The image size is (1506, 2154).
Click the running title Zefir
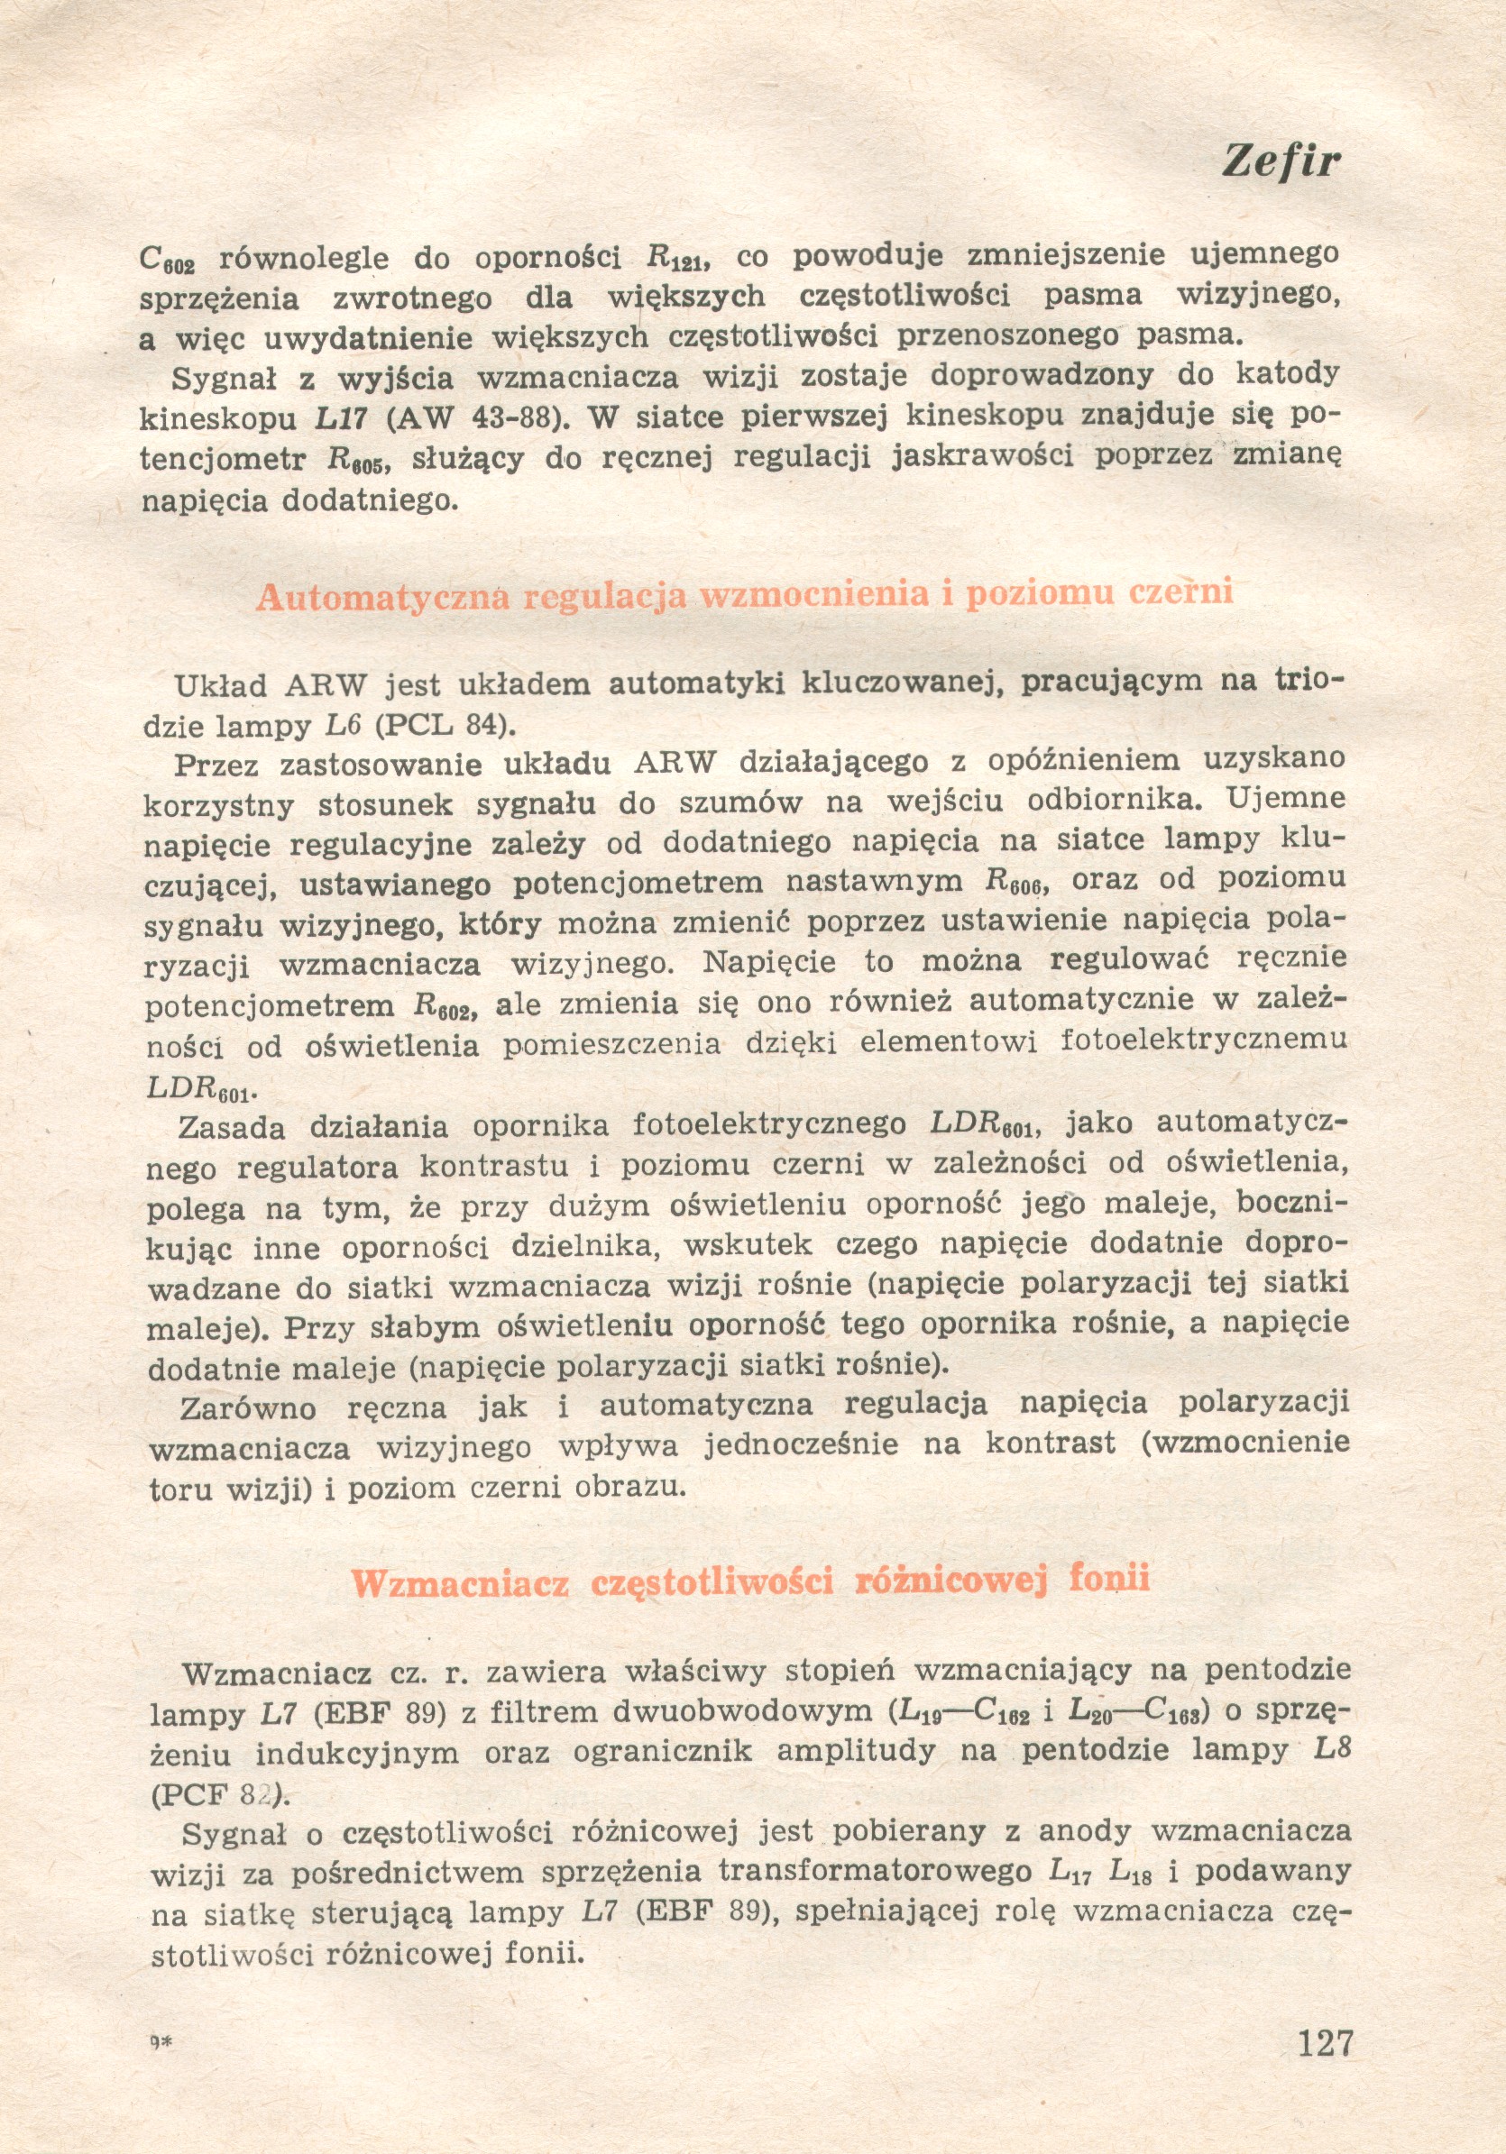pyautogui.click(x=1280, y=162)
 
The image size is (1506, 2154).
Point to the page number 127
pyautogui.click(x=1325, y=2041)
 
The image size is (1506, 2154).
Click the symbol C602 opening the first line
pyautogui.click(x=166, y=259)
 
